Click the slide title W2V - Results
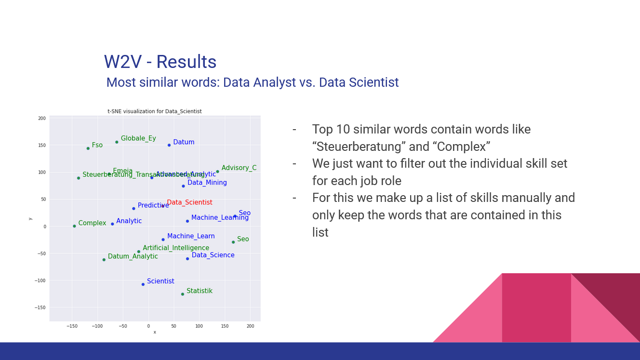point(160,62)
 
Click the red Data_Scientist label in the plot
point(189,202)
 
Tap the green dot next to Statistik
point(182,294)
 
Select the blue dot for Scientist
point(143,284)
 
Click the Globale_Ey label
point(138,138)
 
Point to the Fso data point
point(88,148)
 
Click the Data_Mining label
point(207,183)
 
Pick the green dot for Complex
point(74,226)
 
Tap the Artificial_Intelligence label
point(176,248)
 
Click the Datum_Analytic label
point(133,256)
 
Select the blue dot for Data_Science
point(187,259)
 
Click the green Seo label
point(243,239)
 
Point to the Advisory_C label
point(239,168)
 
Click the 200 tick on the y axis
point(42,119)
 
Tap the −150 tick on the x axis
point(72,326)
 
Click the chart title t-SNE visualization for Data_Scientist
point(154,111)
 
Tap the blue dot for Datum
point(169,145)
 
